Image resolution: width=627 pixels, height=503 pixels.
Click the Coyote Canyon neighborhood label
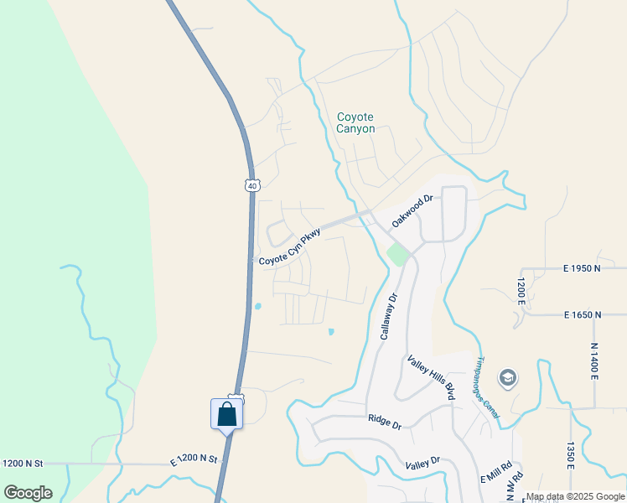[x=355, y=123]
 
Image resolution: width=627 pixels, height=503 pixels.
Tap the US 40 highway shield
[x=251, y=184]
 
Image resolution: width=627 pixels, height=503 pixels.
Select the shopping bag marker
[x=227, y=414]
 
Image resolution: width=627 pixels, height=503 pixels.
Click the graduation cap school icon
[x=507, y=379]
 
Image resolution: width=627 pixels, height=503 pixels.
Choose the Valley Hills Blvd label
[x=431, y=377]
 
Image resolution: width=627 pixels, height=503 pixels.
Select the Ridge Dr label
[x=385, y=421]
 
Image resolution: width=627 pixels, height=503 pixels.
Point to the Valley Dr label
[x=422, y=463]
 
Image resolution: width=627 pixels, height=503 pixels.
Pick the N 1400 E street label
[x=593, y=360]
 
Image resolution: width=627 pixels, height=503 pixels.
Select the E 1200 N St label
[x=194, y=459]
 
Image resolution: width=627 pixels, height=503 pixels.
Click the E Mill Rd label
[x=495, y=473]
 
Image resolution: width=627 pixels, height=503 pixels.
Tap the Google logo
[x=28, y=493]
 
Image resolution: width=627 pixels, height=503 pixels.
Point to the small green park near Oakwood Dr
[x=397, y=254]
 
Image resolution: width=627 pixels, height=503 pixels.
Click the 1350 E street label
[x=570, y=456]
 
